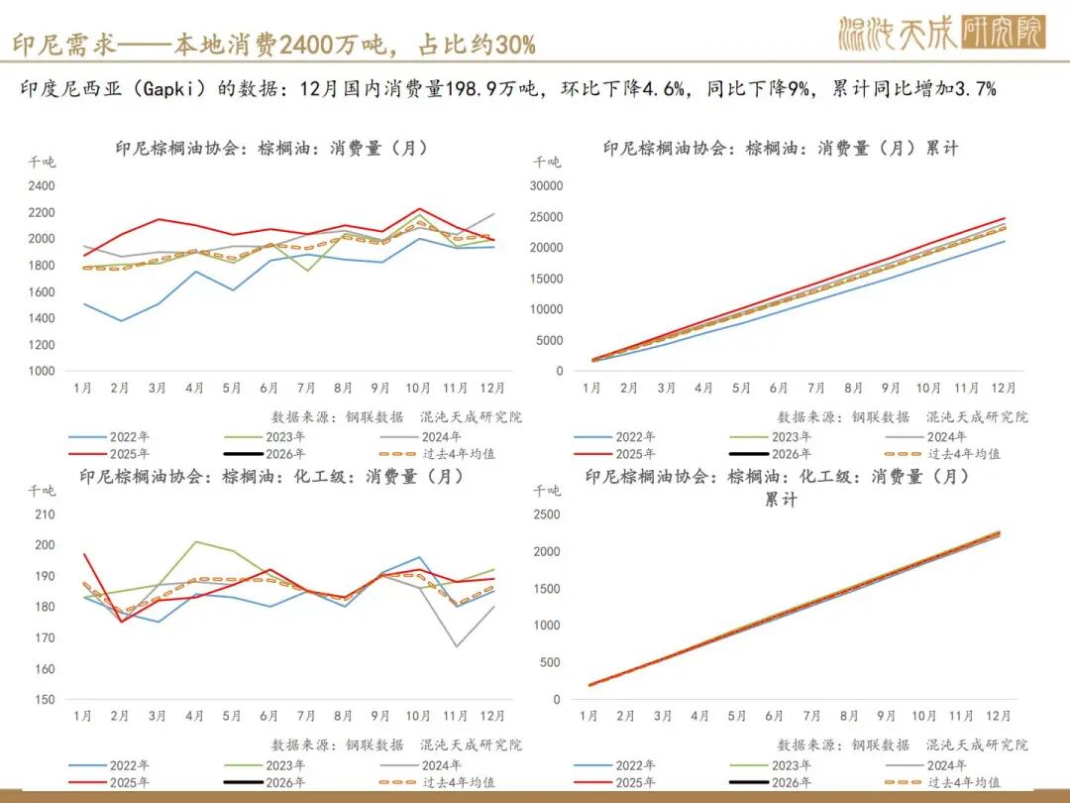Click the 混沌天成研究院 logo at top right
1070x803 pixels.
point(940,34)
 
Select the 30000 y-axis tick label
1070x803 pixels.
point(546,185)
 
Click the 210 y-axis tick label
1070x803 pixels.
point(45,514)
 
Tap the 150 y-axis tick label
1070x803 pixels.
point(45,699)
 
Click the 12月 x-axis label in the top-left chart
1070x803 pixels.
point(491,388)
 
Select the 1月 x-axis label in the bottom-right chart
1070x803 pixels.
point(588,715)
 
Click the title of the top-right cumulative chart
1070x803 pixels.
point(780,148)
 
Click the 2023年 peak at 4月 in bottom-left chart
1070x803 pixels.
point(195,542)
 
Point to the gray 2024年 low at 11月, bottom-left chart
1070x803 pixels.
point(456,646)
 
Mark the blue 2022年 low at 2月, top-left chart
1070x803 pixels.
point(121,320)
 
